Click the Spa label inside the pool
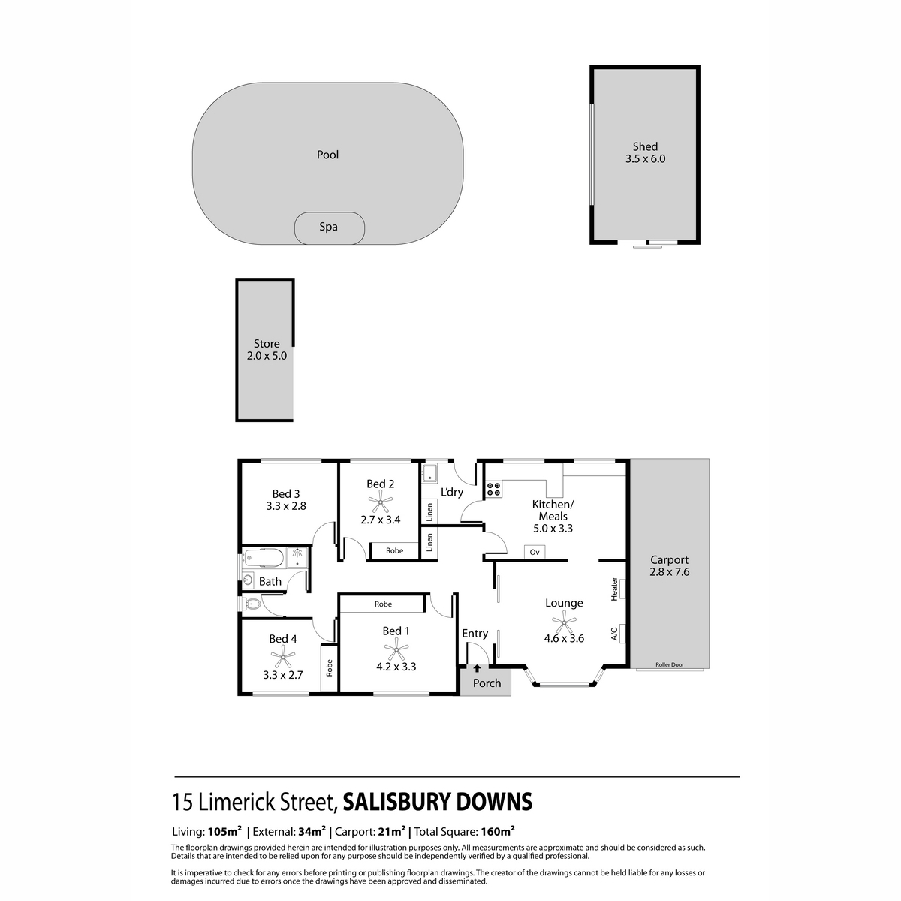(328, 227)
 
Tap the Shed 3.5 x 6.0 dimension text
(645, 159)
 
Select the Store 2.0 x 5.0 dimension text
(267, 356)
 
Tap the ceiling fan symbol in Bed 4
(282, 658)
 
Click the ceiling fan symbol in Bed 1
(396, 649)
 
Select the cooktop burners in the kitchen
(494, 490)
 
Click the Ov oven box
(535, 553)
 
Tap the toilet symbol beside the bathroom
(251, 604)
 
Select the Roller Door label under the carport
(669, 665)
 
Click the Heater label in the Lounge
(614, 588)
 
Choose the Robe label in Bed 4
(329, 667)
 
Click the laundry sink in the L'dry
(430, 474)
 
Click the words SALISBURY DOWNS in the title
(437, 803)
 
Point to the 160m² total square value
(498, 831)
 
